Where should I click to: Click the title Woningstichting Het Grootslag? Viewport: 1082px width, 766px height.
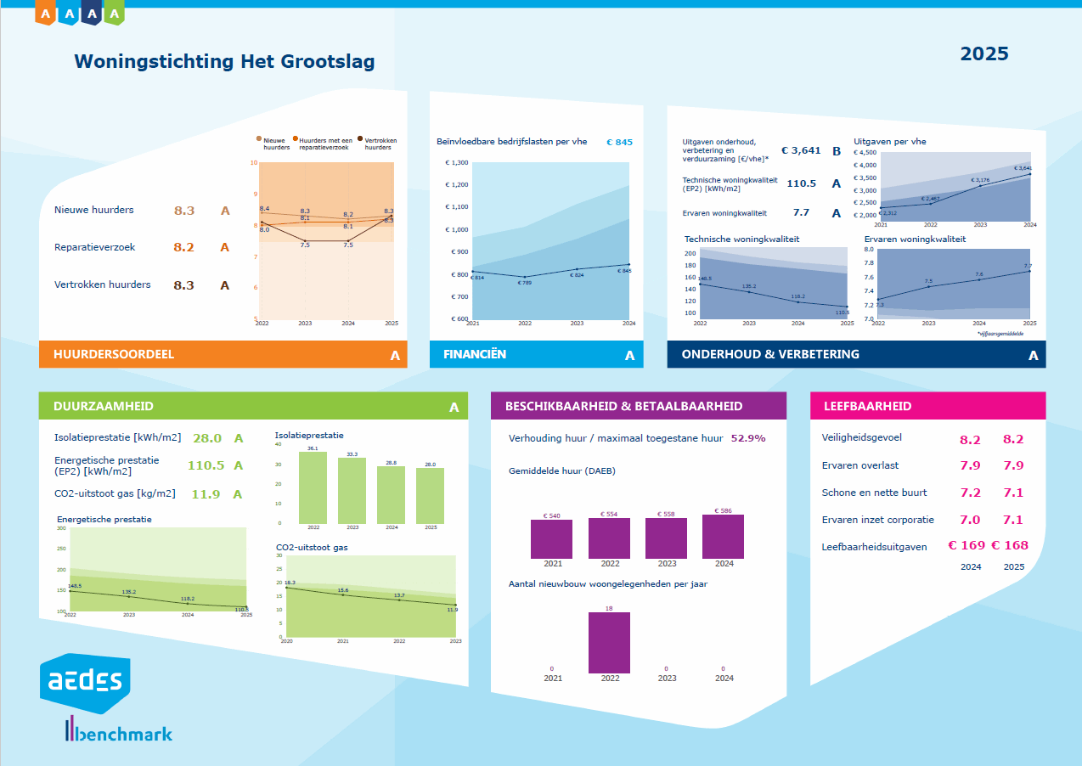point(224,62)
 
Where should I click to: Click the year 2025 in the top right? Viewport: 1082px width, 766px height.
point(984,54)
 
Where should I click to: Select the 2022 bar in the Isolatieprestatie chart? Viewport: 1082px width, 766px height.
point(313,487)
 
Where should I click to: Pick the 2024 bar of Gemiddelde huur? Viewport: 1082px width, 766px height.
point(723,536)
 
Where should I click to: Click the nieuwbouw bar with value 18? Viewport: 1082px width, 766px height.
point(609,642)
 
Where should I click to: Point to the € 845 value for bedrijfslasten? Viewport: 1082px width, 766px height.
point(619,143)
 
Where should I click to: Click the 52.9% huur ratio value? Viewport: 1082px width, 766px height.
point(748,439)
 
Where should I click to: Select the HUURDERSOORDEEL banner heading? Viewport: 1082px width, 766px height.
point(114,354)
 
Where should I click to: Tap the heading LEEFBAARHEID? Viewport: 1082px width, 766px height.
point(867,406)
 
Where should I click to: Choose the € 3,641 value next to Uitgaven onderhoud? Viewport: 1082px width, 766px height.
point(801,150)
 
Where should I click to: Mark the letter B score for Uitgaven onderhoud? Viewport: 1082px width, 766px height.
point(836,151)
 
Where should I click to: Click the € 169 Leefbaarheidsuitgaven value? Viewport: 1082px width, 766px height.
point(966,546)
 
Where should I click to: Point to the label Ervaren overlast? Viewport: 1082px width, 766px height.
point(860,465)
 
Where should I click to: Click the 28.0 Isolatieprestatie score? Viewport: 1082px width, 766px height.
point(207,438)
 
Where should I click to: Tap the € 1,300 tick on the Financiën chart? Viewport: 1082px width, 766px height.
point(456,162)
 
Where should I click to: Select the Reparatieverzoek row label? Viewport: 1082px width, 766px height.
point(95,247)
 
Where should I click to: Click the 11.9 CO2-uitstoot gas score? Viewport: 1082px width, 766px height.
point(207,494)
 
